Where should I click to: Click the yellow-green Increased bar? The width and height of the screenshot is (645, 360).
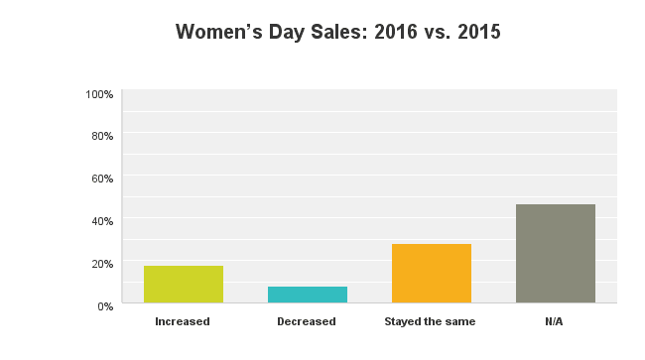coord(184,284)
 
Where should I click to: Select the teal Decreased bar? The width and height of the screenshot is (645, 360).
coord(308,294)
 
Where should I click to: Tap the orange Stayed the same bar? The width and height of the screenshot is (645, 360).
coord(432,273)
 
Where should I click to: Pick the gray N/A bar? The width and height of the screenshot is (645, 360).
coord(556,253)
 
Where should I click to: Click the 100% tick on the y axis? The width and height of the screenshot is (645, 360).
coord(99,94)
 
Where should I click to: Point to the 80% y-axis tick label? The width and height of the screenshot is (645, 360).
coord(101,136)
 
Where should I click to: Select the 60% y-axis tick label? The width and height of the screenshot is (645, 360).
coord(101,179)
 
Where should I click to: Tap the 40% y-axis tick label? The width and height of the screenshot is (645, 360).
coord(101,220)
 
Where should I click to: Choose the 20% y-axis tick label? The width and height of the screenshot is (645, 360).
coord(101,263)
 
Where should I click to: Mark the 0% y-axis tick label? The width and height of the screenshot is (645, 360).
coord(104,305)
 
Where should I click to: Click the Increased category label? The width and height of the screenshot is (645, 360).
coord(183,321)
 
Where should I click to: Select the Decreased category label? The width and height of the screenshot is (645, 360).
coord(307,321)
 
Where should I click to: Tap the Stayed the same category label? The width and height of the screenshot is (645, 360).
coord(430,321)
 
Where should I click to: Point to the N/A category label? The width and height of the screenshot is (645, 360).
coord(555,321)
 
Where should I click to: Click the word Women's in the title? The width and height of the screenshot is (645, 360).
coord(217,33)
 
